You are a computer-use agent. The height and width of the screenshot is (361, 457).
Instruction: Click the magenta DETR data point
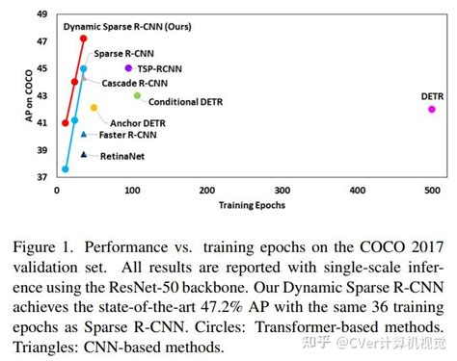431,109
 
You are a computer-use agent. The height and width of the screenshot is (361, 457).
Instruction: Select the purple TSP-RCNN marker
128,68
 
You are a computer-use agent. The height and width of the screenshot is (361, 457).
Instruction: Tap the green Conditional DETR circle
138,95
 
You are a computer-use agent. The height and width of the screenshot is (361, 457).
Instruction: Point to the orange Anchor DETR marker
94,107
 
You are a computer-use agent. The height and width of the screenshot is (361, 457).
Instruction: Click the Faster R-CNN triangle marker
84,135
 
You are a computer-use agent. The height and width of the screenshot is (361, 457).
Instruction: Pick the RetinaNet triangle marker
84,154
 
